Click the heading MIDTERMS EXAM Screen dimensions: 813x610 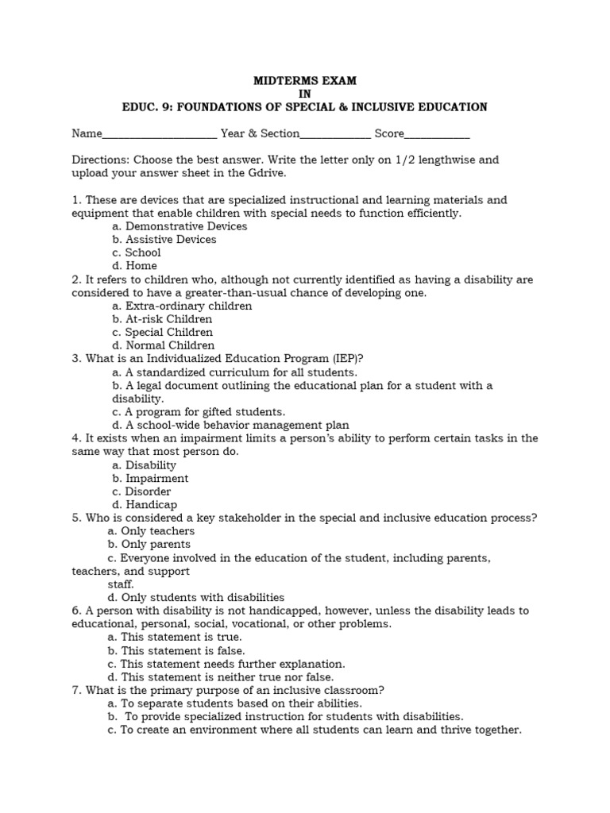pos(304,80)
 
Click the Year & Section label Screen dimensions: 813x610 pos(260,133)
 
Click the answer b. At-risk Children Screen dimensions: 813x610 pos(162,319)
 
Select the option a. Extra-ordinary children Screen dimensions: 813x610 pos(182,306)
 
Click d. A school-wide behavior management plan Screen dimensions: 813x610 pos(230,426)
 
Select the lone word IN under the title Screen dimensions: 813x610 pos(304,94)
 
